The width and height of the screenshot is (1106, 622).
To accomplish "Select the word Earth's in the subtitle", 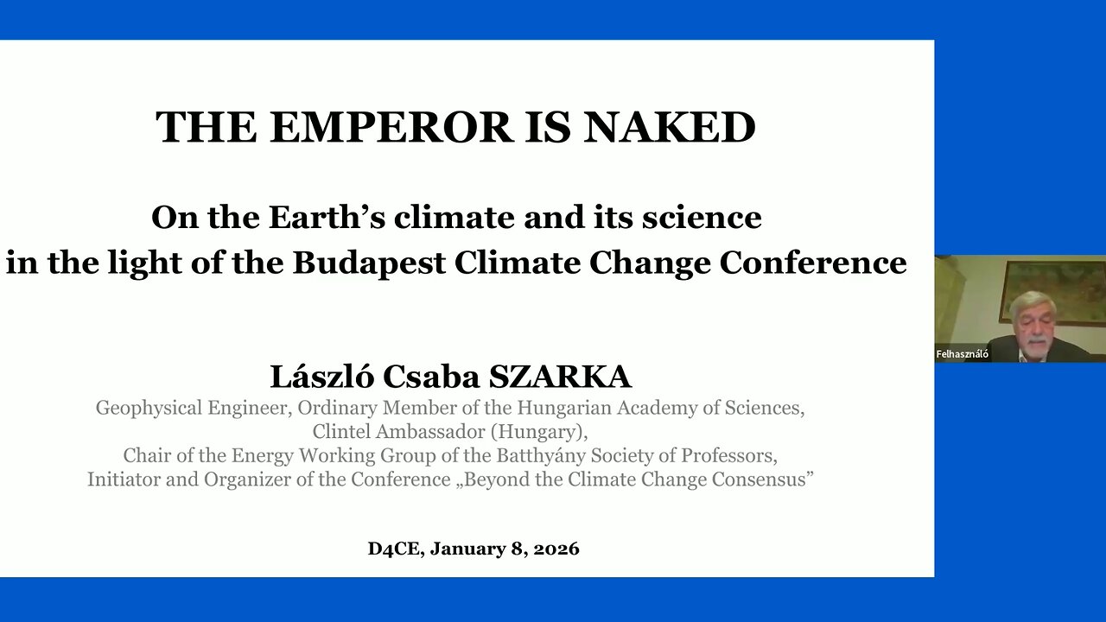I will tap(327, 217).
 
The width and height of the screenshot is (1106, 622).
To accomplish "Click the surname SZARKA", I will tap(561, 377).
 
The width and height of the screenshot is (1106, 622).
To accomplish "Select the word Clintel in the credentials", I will tap(346, 430).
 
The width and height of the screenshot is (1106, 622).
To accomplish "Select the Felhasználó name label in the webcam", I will tap(962, 354).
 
